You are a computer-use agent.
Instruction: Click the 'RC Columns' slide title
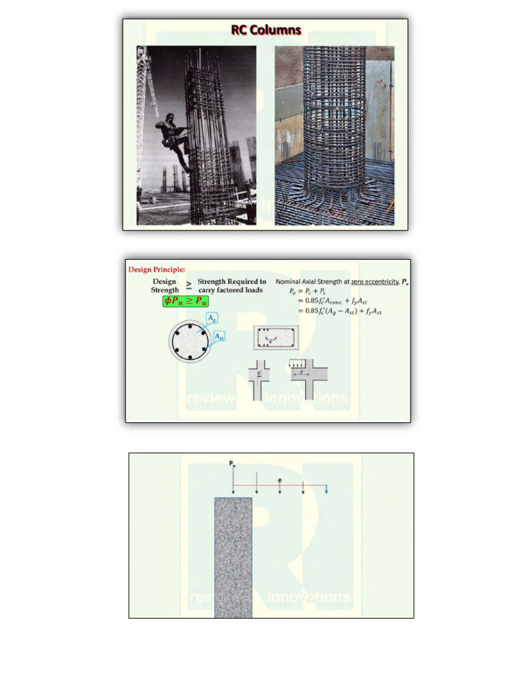(265, 30)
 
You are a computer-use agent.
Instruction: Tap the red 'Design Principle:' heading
(157, 269)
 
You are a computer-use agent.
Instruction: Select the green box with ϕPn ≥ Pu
(186, 301)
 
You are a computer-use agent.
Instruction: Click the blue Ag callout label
(213, 319)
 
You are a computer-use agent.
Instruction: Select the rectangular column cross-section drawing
(275, 339)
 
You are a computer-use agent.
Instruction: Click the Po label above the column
(233, 465)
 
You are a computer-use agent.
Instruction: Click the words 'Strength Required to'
(231, 282)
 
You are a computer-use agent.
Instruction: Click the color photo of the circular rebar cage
(334, 135)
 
